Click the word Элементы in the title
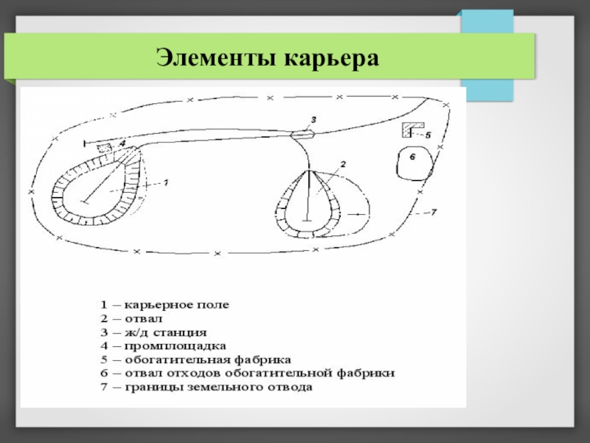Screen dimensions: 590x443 (214, 58)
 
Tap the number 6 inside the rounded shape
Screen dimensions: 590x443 (413, 157)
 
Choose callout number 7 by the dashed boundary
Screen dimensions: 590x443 (434, 213)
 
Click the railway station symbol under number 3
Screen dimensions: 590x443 (302, 134)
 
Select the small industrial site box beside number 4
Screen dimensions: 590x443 (105, 148)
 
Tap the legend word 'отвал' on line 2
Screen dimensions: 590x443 (143, 317)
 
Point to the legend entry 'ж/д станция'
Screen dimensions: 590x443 (165, 332)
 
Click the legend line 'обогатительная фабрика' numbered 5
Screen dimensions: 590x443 (207, 360)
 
